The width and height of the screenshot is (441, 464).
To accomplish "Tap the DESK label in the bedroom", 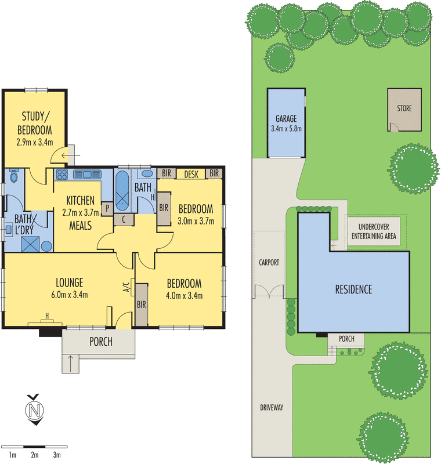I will (191, 173).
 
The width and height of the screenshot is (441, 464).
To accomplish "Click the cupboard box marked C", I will (124, 219).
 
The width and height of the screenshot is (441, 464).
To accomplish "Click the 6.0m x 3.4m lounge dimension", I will (70, 295).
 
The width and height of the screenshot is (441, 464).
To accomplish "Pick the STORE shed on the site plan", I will (404, 108).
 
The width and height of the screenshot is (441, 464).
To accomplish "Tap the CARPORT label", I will (269, 262).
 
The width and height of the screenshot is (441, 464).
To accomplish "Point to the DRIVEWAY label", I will (271, 408).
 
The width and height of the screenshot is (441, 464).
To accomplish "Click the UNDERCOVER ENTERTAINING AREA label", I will (374, 231).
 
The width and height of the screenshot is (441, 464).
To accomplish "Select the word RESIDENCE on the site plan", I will (353, 289).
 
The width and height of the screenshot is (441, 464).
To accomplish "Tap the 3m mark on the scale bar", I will (56, 455).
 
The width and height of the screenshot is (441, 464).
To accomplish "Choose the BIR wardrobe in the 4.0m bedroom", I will (141, 304).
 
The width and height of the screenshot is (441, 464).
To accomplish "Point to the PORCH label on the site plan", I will (346, 339).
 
